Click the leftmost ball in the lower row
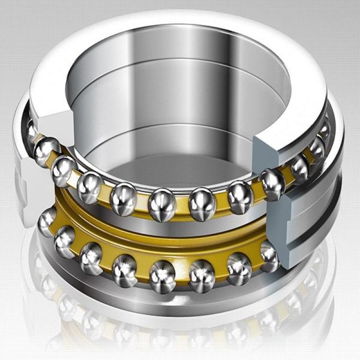click(48, 222)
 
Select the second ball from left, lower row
click(65, 241)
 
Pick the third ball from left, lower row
click(92, 257)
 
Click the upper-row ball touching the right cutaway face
click(272, 183)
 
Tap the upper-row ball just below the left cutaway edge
click(46, 150)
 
